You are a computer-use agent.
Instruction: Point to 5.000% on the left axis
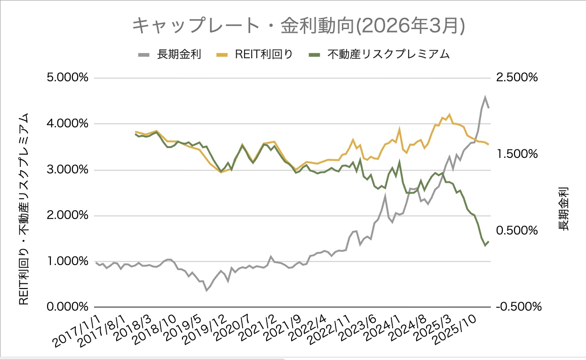coord(68,78)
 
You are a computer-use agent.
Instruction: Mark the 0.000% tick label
coord(68,307)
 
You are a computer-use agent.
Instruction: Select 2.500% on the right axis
coord(515,78)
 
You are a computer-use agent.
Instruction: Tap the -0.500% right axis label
coord(515,307)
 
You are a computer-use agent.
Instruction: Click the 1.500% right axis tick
coord(515,154)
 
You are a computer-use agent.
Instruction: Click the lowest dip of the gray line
coord(206,290)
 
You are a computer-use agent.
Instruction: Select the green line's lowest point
coord(485,245)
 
